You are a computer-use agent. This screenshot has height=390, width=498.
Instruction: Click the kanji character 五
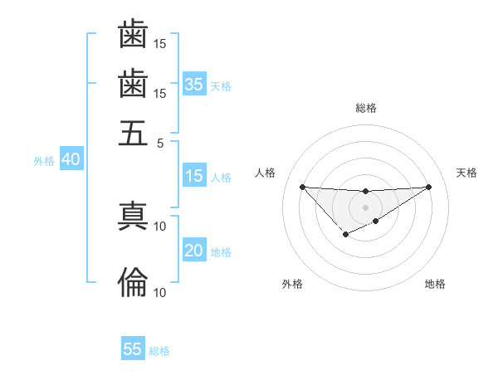[133, 132]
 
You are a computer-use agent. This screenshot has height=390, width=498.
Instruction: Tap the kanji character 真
[133, 217]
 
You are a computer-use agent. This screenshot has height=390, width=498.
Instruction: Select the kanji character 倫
[133, 282]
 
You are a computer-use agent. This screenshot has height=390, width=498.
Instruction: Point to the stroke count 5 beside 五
[161, 142]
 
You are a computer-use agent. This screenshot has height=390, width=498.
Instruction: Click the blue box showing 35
[194, 84]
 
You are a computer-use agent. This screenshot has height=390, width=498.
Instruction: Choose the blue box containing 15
[194, 176]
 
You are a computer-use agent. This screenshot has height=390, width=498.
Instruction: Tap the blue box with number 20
[194, 251]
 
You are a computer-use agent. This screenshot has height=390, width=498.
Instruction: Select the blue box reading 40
[71, 160]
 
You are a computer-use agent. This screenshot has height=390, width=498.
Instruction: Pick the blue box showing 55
[133, 349]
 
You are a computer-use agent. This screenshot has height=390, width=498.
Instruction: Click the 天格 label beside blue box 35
[221, 85]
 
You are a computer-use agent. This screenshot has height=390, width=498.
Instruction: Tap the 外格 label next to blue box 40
[44, 161]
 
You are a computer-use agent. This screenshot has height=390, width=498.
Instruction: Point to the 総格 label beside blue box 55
[159, 351]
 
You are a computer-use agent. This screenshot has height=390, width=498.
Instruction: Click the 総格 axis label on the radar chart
[365, 108]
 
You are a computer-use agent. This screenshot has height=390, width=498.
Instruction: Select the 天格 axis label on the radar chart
[466, 173]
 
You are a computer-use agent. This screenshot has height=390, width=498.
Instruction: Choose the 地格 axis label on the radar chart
[435, 284]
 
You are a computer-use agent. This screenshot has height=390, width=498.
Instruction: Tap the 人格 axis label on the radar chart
[266, 173]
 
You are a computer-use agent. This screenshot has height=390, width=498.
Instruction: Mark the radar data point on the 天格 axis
[429, 186]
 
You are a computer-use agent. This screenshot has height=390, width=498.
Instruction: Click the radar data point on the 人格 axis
[302, 186]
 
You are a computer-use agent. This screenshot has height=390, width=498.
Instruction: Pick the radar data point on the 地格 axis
[376, 221]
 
